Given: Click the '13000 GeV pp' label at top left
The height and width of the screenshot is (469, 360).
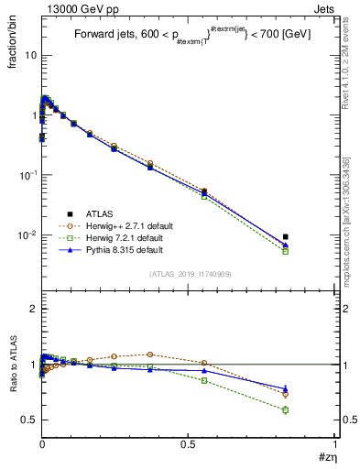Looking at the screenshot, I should (77, 8).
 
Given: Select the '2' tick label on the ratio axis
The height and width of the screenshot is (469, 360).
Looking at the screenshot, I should (31, 309).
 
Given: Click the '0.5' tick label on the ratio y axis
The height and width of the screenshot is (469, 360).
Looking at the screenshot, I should (27, 420).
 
